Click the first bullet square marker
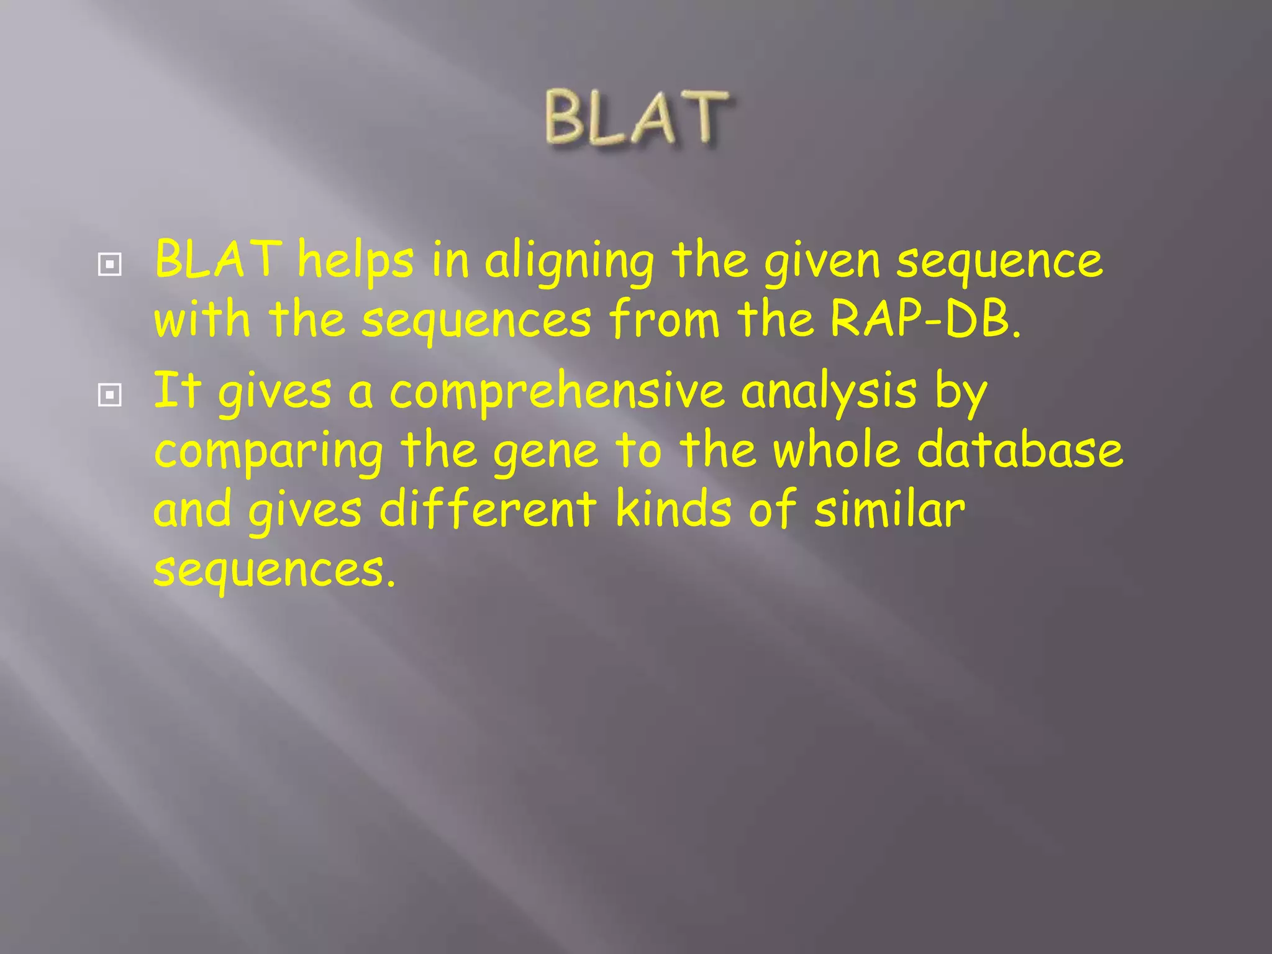[x=109, y=266]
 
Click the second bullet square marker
[x=109, y=395]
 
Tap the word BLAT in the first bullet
[x=217, y=260]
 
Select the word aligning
[x=569, y=262]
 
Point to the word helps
[x=355, y=261]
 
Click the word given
[x=822, y=262]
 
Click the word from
[x=664, y=319]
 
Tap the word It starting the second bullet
[x=178, y=391]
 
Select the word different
[x=488, y=509]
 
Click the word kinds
[x=673, y=509]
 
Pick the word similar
[x=889, y=509]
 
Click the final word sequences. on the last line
[x=274, y=570]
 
